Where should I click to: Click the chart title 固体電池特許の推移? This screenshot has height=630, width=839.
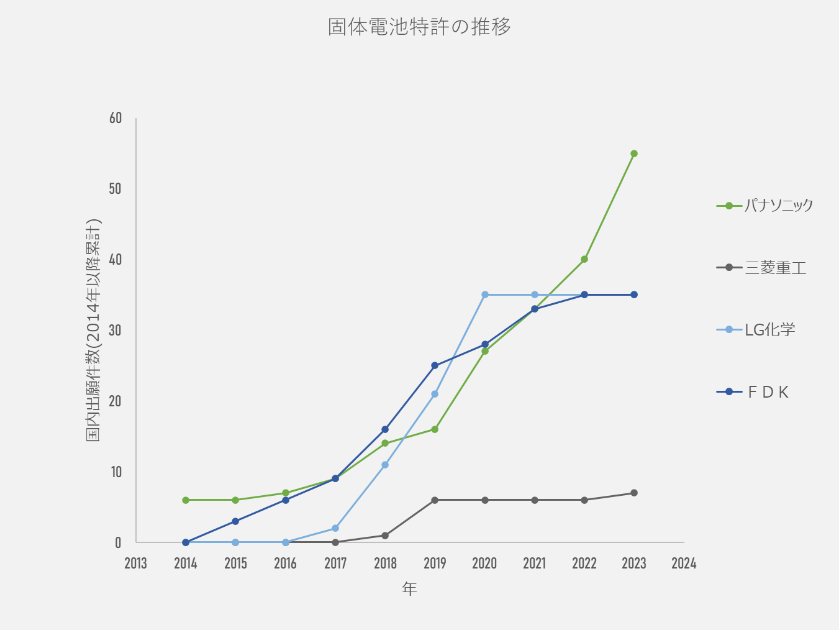tap(419, 27)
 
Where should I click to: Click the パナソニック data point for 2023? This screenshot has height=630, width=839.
tap(634, 153)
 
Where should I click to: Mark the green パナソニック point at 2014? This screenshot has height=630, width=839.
tap(186, 500)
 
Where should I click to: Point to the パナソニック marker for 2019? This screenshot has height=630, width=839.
tap(435, 429)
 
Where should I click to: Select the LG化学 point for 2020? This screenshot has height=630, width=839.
tap(485, 294)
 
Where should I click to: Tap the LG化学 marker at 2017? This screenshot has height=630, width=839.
tap(335, 528)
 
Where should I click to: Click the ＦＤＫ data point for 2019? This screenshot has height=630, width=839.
tap(435, 365)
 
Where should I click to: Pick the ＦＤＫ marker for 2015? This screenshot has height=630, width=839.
tap(235, 521)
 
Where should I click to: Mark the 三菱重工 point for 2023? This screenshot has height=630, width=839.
tap(634, 493)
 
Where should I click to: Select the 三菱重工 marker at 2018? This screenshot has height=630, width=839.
tap(385, 536)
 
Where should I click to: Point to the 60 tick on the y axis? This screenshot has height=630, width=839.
tap(116, 118)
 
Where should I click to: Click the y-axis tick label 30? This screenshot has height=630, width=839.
tap(116, 330)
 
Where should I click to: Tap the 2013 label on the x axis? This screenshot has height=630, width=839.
tap(135, 564)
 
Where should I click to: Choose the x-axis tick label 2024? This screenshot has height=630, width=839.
tap(684, 564)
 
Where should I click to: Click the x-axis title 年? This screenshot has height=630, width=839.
tap(409, 589)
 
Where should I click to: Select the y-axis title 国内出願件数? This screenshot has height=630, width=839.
tap(93, 330)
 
